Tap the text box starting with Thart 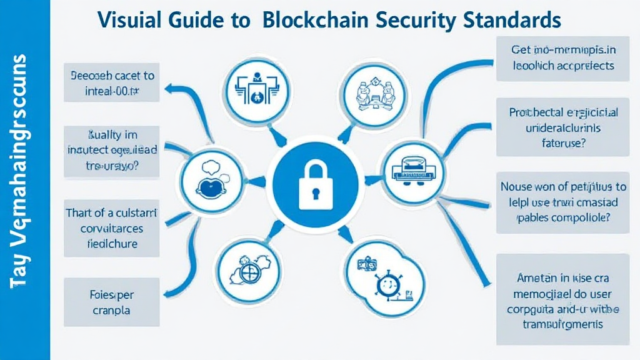click(111, 228)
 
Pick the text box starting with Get click(563, 59)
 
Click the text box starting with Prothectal click(563, 127)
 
